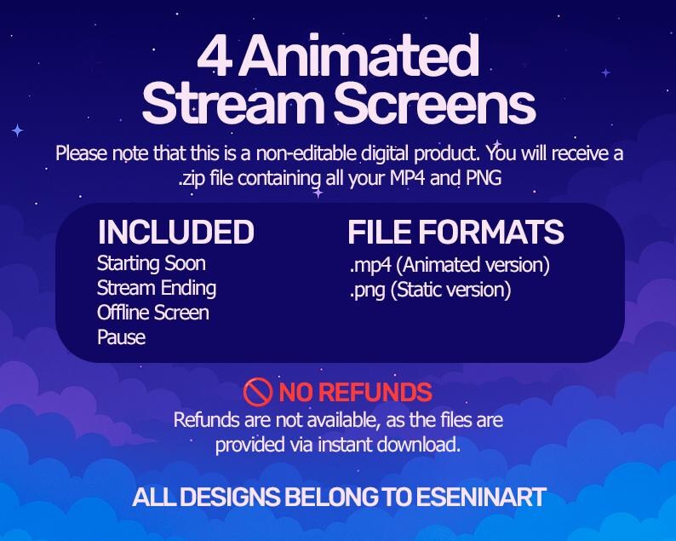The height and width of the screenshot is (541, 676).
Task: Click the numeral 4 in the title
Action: coord(212,59)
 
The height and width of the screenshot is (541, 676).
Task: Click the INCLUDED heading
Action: coord(175,233)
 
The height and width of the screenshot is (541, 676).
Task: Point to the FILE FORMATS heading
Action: coord(455,233)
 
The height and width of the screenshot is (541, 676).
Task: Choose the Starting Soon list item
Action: coord(152,263)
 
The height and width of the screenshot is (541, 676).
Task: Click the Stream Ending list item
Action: coord(157,288)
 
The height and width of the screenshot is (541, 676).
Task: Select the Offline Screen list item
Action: coord(153,313)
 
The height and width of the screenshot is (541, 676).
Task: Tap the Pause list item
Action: coord(121,337)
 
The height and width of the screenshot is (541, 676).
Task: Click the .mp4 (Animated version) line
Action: coord(449,265)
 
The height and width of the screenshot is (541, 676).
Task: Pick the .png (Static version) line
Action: coord(429,290)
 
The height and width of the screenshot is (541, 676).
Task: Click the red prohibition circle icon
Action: coord(257,392)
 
